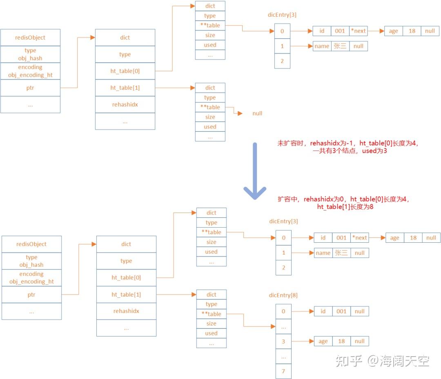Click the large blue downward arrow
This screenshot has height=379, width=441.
pyautogui.click(x=255, y=171)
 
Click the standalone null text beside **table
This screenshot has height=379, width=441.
pyautogui.click(x=257, y=113)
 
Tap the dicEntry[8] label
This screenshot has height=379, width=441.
pyautogui.click(x=283, y=295)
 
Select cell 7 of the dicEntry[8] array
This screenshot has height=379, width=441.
pyautogui.click(x=283, y=371)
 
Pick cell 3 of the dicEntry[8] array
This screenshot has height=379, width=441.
pyautogui.click(x=283, y=341)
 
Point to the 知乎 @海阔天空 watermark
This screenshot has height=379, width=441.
pyautogui.click(x=382, y=361)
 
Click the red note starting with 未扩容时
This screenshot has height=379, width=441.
pyautogui.click(x=348, y=147)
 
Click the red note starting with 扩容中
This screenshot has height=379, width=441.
pyautogui.click(x=344, y=203)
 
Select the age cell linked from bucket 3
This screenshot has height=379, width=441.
pyautogui.click(x=323, y=341)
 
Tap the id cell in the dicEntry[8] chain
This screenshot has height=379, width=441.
pyautogui.click(x=323, y=311)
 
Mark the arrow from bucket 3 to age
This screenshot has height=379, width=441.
pyautogui.click(x=303, y=341)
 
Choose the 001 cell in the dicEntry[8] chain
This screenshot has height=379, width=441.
pyautogui.click(x=341, y=311)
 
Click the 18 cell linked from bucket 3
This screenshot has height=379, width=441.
pyautogui.click(x=341, y=341)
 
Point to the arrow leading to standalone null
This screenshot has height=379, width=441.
pyautogui.click(x=234, y=110)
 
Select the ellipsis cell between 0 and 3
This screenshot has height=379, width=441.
pyautogui.click(x=283, y=326)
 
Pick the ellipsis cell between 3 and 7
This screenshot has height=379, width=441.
pyautogui.click(x=283, y=357)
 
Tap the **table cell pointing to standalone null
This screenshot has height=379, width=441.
pyautogui.click(x=210, y=107)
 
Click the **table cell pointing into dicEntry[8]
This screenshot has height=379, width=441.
pyautogui.click(x=211, y=314)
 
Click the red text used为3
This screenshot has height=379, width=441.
pyautogui.click(x=374, y=151)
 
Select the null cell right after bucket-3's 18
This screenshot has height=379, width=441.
pyautogui.click(x=360, y=341)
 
